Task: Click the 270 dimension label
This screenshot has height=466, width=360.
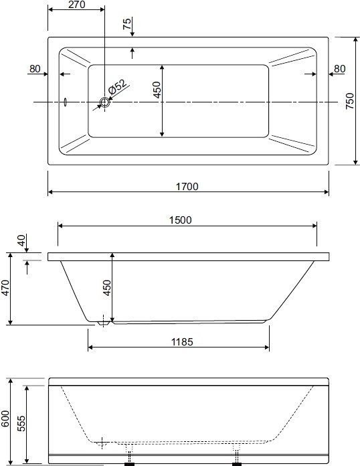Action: [77, 5]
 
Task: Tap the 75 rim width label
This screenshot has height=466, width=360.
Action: [127, 24]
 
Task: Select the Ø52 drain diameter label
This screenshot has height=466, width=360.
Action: [117, 86]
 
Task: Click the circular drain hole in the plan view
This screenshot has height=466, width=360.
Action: [104, 102]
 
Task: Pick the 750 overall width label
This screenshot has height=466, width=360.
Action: [350, 101]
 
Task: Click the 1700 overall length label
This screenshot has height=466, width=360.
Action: [187, 187]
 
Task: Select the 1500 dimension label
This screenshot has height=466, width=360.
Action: [180, 220]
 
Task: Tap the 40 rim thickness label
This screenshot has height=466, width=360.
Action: [21, 240]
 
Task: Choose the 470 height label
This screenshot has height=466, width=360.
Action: [5, 289]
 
